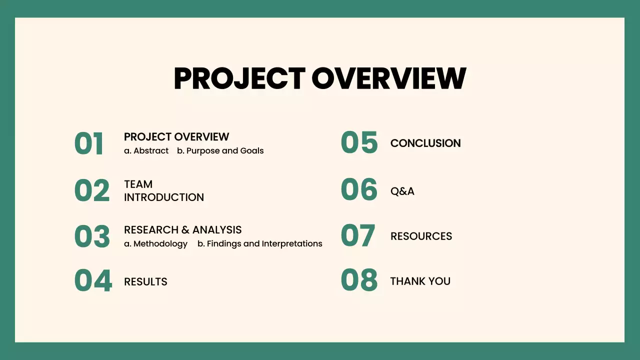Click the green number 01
pyautogui.click(x=89, y=144)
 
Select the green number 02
pyautogui.click(x=92, y=191)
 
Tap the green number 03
pyautogui.click(x=92, y=236)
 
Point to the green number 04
pyautogui.click(x=93, y=281)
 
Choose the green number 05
pyautogui.click(x=359, y=142)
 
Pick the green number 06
pyautogui.click(x=359, y=190)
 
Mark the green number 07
pyautogui.click(x=358, y=235)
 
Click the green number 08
pyautogui.click(x=359, y=280)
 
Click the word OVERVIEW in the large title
pyautogui.click(x=388, y=78)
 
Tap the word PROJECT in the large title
pyautogui.click(x=239, y=78)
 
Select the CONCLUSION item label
pyautogui.click(x=425, y=143)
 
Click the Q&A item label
pyautogui.click(x=402, y=191)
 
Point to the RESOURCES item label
pyautogui.click(x=421, y=236)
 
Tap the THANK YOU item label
pyautogui.click(x=420, y=281)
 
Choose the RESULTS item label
pyautogui.click(x=145, y=282)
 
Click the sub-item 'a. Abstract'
pyautogui.click(x=146, y=151)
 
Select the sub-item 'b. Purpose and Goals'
pyautogui.click(x=220, y=151)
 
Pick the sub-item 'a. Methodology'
pyautogui.click(x=155, y=244)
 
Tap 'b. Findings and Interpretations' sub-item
pyautogui.click(x=259, y=244)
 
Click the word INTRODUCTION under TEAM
pyautogui.click(x=164, y=197)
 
